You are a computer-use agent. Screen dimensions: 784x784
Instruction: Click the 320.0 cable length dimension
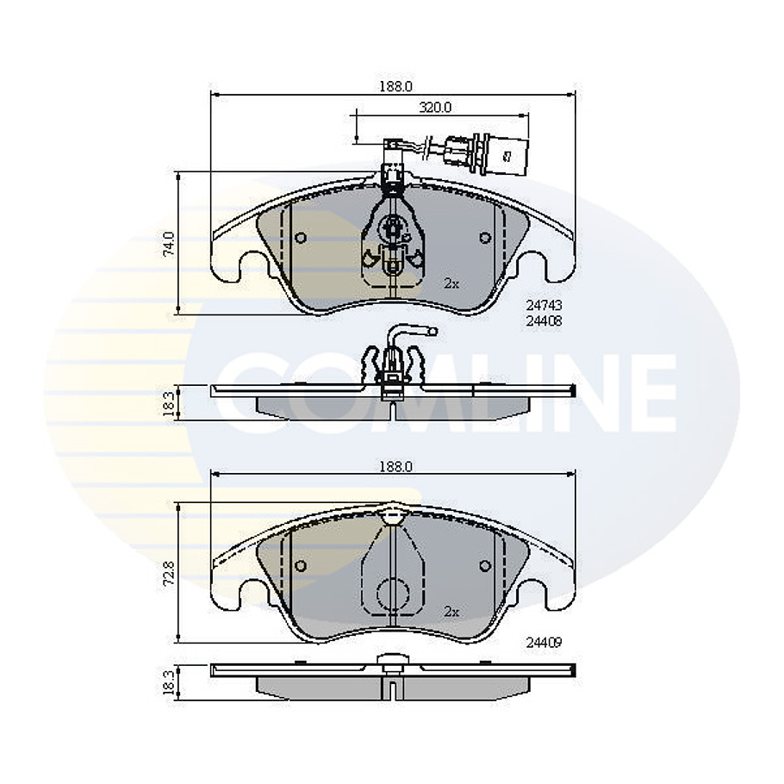click(435, 108)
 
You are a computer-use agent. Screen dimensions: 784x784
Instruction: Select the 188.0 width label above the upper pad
click(396, 86)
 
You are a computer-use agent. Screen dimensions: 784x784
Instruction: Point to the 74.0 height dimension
click(170, 243)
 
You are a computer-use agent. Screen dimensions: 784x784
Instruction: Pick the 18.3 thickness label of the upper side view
click(170, 401)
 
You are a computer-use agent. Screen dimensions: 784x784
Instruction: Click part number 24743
click(544, 305)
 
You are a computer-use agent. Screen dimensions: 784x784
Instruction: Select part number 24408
click(544, 320)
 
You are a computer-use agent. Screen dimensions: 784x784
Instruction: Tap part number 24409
click(544, 642)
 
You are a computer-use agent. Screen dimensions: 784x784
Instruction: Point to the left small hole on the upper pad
click(300, 239)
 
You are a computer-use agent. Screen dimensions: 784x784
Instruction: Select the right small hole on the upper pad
click(485, 238)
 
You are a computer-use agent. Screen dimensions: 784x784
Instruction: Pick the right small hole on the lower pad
click(485, 566)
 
